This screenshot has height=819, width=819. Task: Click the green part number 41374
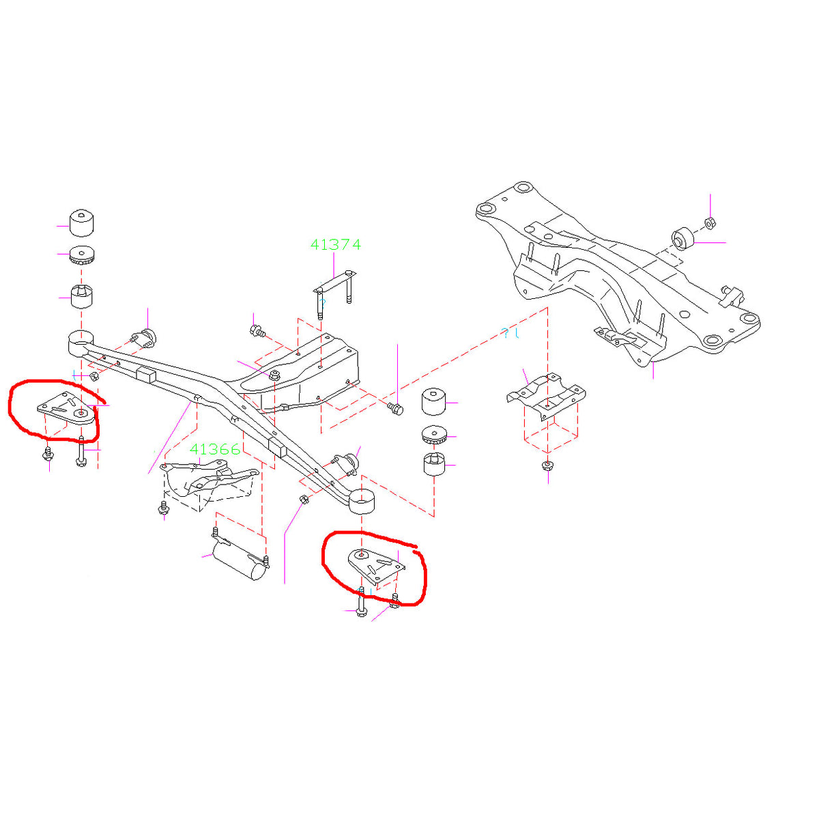[x=335, y=244]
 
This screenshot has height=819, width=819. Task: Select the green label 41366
[x=215, y=449]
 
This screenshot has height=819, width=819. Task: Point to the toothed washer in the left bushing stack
[x=82, y=256]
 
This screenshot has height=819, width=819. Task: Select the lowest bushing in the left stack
[x=82, y=296]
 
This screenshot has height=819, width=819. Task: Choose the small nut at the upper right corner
[x=709, y=222]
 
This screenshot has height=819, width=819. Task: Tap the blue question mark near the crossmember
[x=505, y=333]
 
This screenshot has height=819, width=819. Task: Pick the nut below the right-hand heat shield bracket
[x=547, y=467]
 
